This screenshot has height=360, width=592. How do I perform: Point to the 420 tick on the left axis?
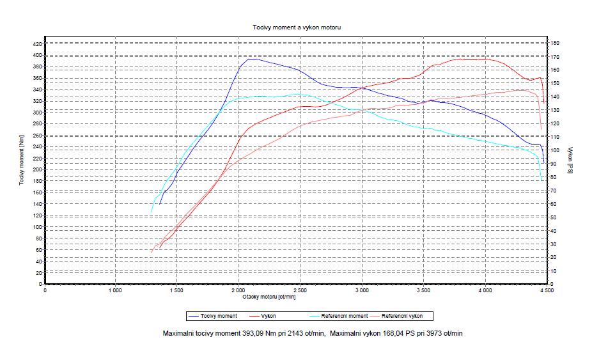coord(36,44)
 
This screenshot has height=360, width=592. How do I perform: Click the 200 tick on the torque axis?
coord(36,169)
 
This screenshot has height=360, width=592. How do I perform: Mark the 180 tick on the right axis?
coord(556,42)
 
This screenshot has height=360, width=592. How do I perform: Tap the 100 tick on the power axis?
coord(556,150)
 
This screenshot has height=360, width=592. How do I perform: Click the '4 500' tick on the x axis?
coord(546,290)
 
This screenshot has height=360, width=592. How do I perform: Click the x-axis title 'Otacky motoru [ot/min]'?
coord(269,296)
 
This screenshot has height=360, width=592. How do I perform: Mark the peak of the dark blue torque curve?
coord(251,59)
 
